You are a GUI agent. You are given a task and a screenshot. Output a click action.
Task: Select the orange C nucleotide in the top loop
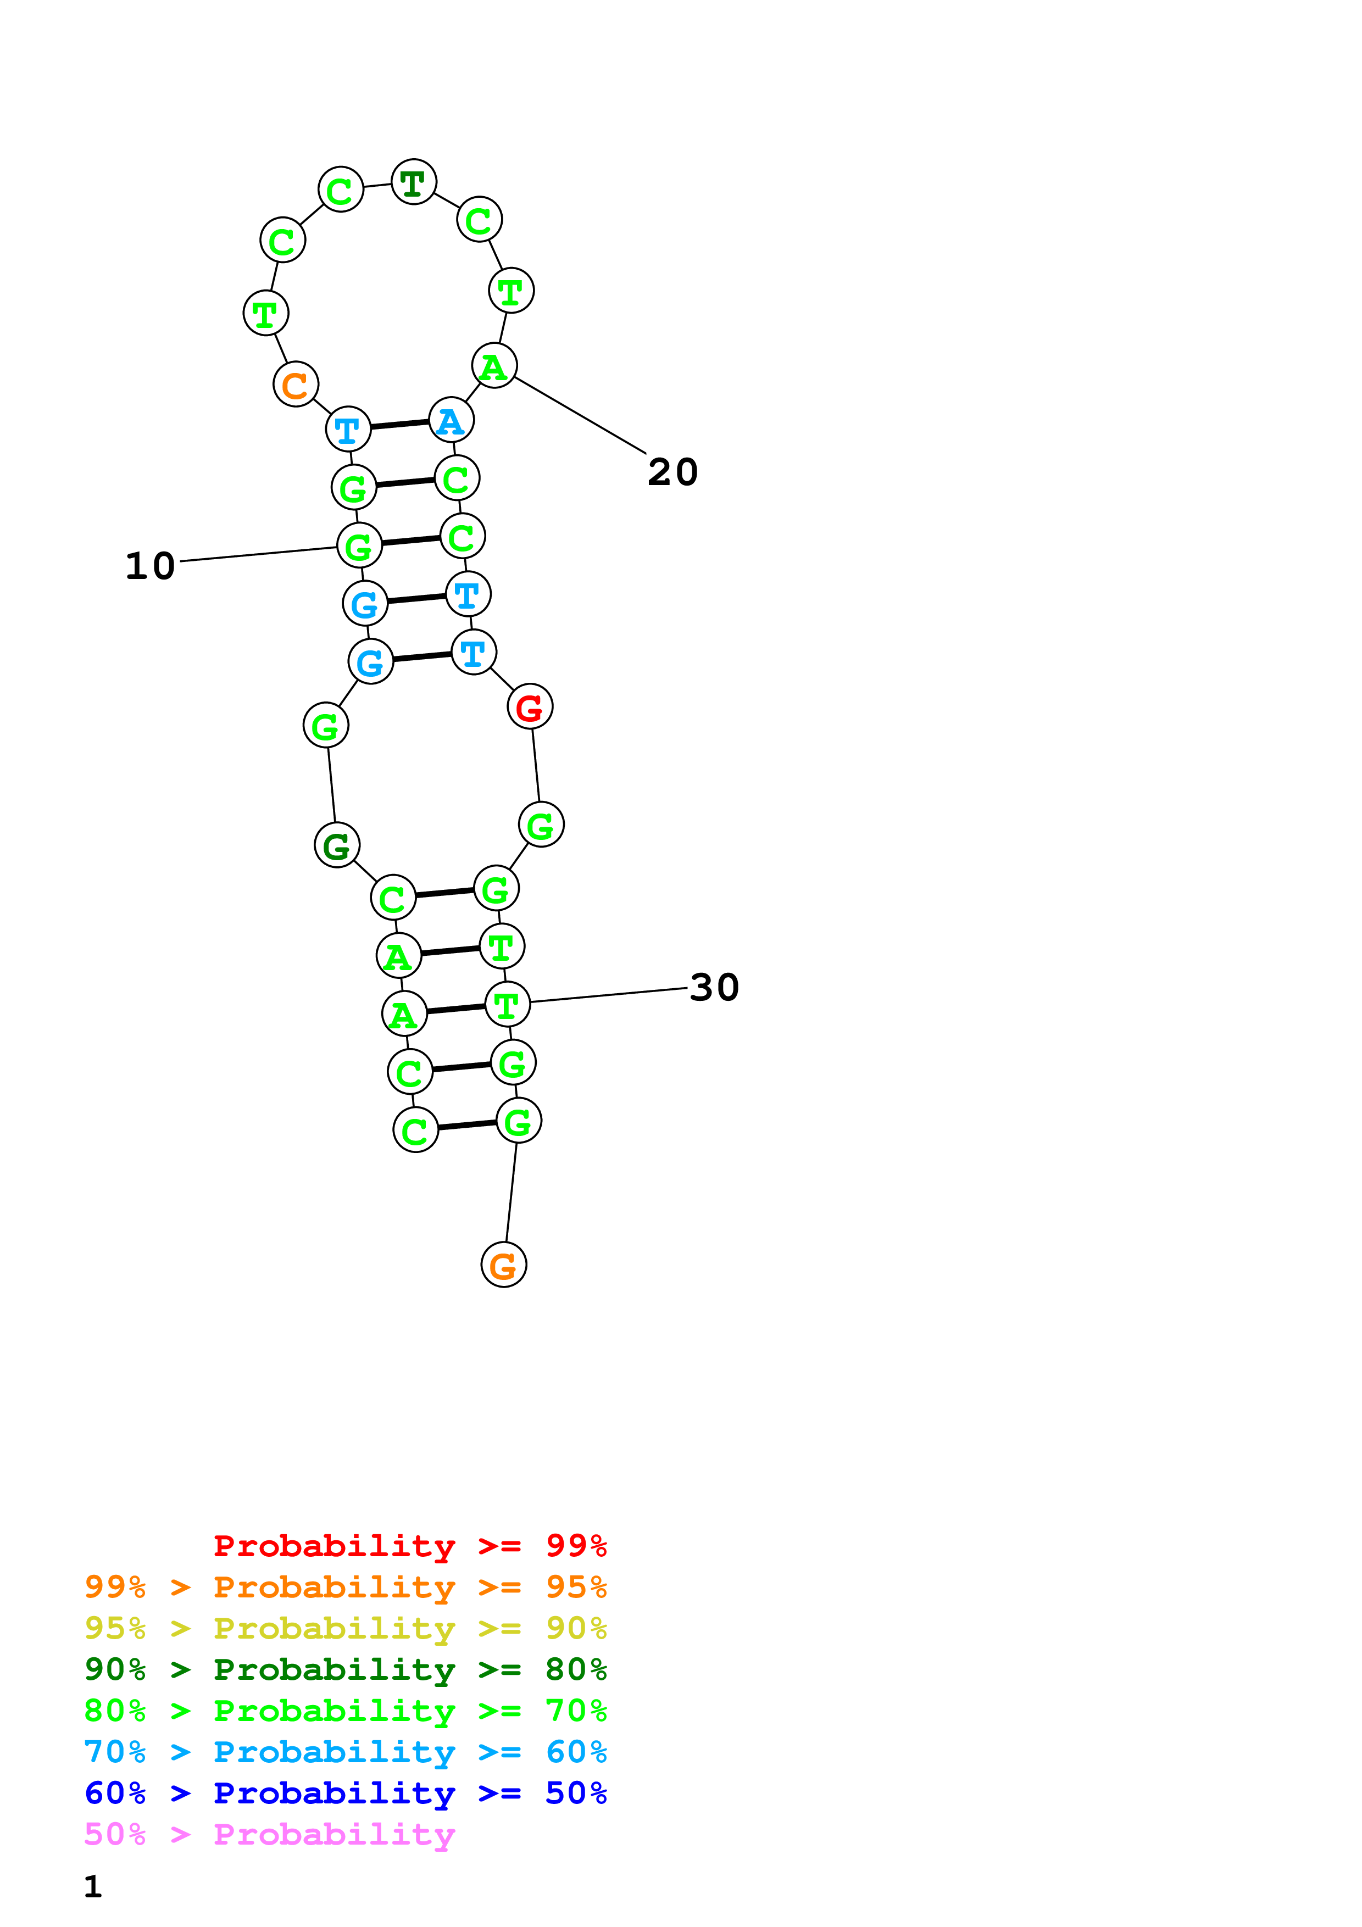(x=296, y=385)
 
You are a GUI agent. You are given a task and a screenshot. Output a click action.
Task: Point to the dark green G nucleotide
(x=336, y=845)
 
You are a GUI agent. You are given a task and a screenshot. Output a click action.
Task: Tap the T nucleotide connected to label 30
(x=507, y=1005)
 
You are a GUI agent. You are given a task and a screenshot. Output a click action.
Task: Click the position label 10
(x=150, y=566)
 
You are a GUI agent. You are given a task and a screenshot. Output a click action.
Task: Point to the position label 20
(x=672, y=472)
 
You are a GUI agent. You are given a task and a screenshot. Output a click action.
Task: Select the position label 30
(x=714, y=987)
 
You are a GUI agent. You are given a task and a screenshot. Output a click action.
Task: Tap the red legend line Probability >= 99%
(x=409, y=1546)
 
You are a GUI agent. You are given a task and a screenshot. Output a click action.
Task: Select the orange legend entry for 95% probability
(x=346, y=1587)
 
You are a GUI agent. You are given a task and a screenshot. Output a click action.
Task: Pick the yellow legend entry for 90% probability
(x=346, y=1628)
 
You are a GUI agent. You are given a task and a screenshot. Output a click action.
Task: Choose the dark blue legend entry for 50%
(x=346, y=1794)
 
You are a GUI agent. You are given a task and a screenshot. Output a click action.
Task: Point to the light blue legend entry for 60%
(x=346, y=1752)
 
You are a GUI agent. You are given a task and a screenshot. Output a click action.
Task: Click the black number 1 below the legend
(x=93, y=1887)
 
